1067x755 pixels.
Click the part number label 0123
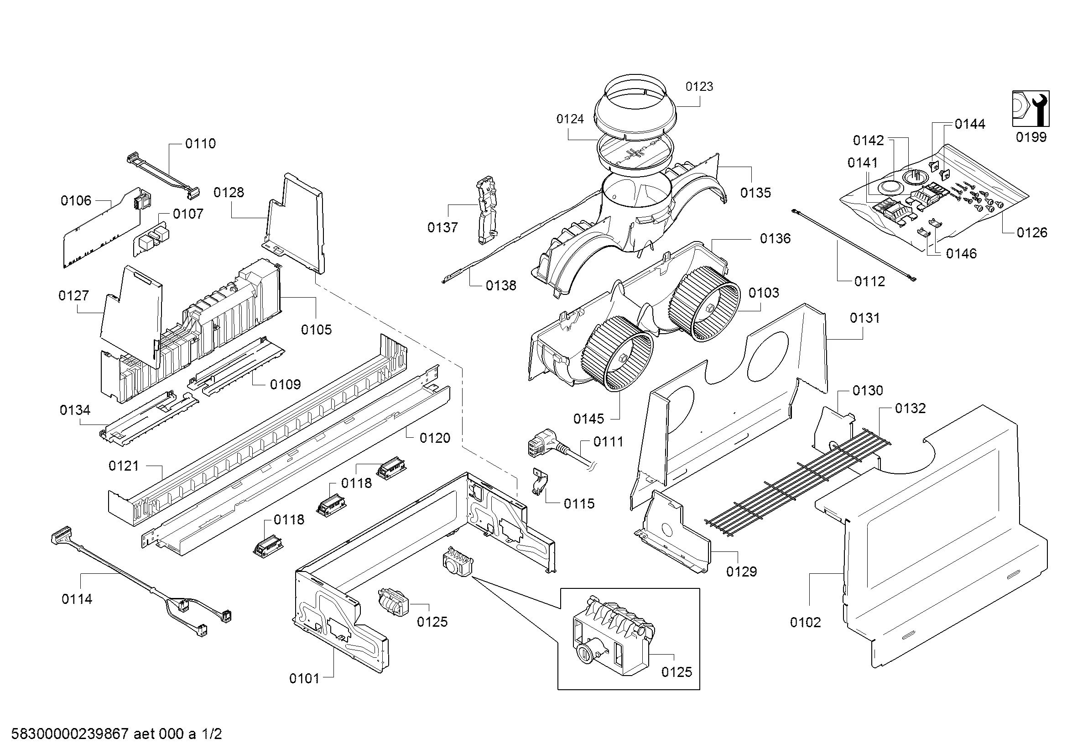coord(699,86)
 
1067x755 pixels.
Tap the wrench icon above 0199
coord(1031,108)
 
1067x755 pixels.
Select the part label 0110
coord(200,143)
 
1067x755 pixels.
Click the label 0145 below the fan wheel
coord(588,419)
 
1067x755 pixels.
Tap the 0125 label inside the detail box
coord(676,672)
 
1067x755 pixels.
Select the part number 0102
coord(805,622)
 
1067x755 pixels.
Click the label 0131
coord(865,318)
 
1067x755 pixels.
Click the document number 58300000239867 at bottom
coord(70,734)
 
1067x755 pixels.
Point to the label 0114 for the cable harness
coord(77,599)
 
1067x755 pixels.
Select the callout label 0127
coord(73,295)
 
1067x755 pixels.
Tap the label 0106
coord(76,200)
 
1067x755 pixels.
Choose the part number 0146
coord(961,253)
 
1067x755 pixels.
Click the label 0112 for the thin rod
coord(869,281)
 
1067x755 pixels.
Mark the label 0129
coord(741,571)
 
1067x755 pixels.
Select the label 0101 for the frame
coord(304,678)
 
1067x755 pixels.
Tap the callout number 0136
coord(775,238)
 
